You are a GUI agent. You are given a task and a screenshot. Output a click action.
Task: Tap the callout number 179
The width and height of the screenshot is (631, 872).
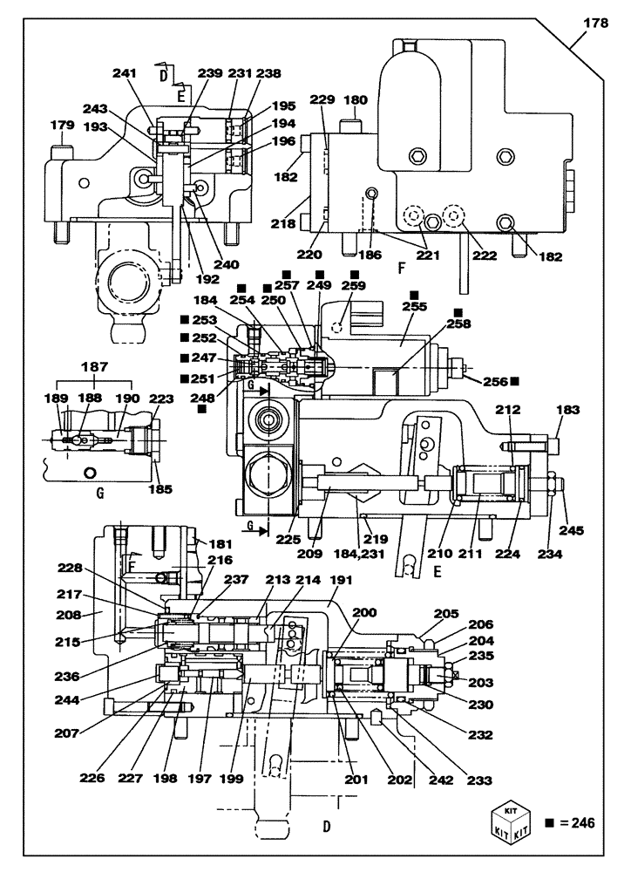pos(62,126)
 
